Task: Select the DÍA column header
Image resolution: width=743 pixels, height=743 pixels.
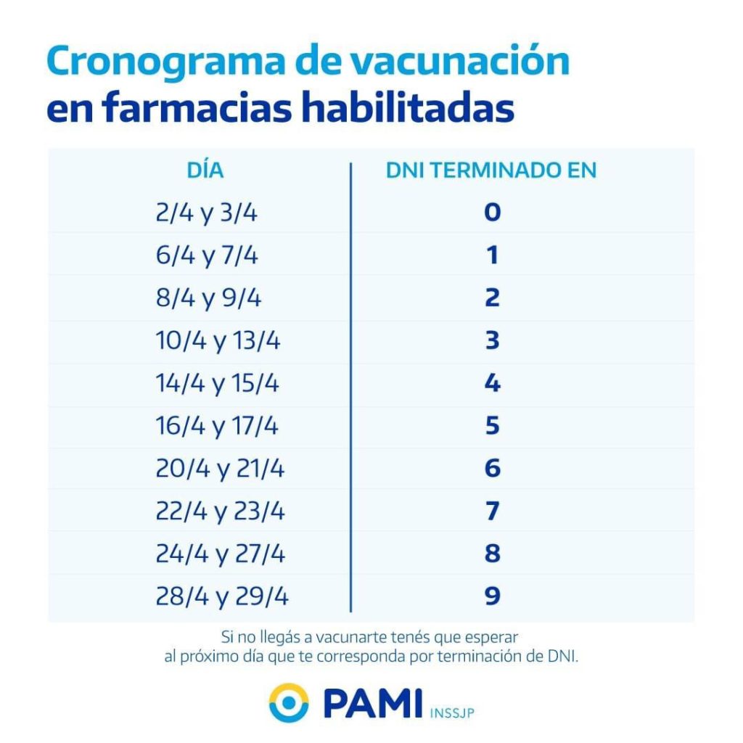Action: coord(205,171)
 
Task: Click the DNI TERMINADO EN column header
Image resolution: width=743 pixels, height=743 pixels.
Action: coord(491,171)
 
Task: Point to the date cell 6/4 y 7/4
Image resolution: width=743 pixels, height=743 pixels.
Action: coord(206,256)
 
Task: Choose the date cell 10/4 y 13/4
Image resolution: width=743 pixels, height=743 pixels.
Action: coord(217,341)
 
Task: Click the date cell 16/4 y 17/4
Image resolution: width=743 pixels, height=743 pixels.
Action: coord(216,427)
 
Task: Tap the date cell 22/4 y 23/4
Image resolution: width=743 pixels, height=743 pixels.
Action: coord(221,512)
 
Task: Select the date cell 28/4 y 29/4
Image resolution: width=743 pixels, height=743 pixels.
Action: coord(221,597)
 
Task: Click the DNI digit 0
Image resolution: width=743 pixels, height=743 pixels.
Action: coord(493,213)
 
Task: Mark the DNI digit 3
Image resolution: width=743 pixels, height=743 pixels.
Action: coord(493,340)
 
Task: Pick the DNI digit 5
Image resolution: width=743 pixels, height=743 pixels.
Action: coord(493,426)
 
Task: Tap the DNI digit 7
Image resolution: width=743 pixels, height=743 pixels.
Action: coord(493,511)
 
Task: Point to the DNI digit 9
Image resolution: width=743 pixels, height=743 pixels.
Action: coord(493,596)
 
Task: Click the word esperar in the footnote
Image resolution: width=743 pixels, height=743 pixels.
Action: coord(494,638)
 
